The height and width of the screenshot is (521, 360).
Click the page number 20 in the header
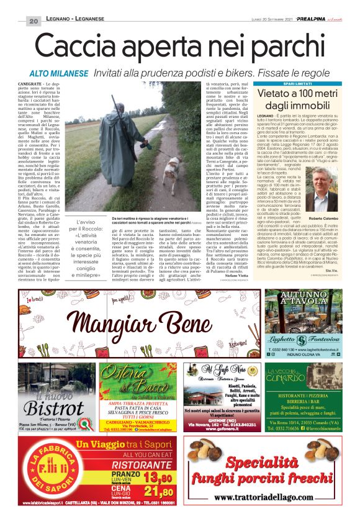[33, 21]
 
